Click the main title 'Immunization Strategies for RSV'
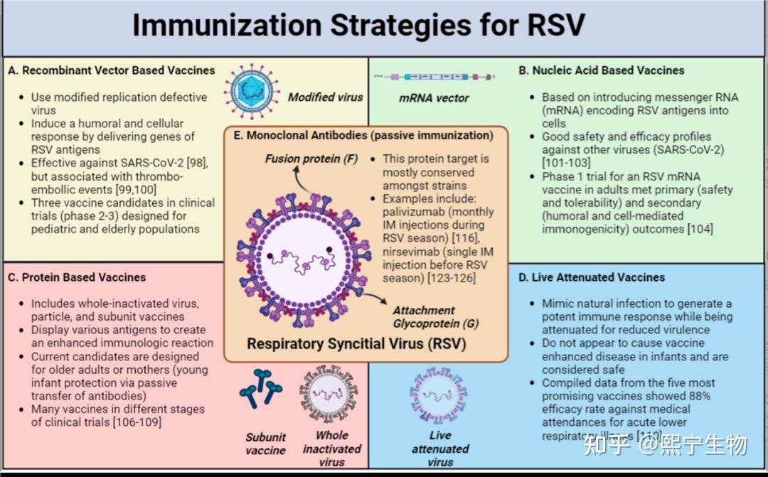pyautogui.click(x=358, y=26)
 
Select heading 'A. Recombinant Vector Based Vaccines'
pyautogui.click(x=112, y=70)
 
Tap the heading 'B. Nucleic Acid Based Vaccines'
pyautogui.click(x=602, y=70)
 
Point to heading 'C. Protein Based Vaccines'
pyautogui.click(x=77, y=277)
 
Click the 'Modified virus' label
pyautogui.click(x=325, y=97)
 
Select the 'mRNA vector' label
pyautogui.click(x=434, y=97)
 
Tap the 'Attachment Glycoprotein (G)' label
pyautogui.click(x=424, y=316)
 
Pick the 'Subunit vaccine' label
pyautogui.click(x=265, y=444)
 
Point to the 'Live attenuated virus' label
pyautogui.click(x=440, y=449)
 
